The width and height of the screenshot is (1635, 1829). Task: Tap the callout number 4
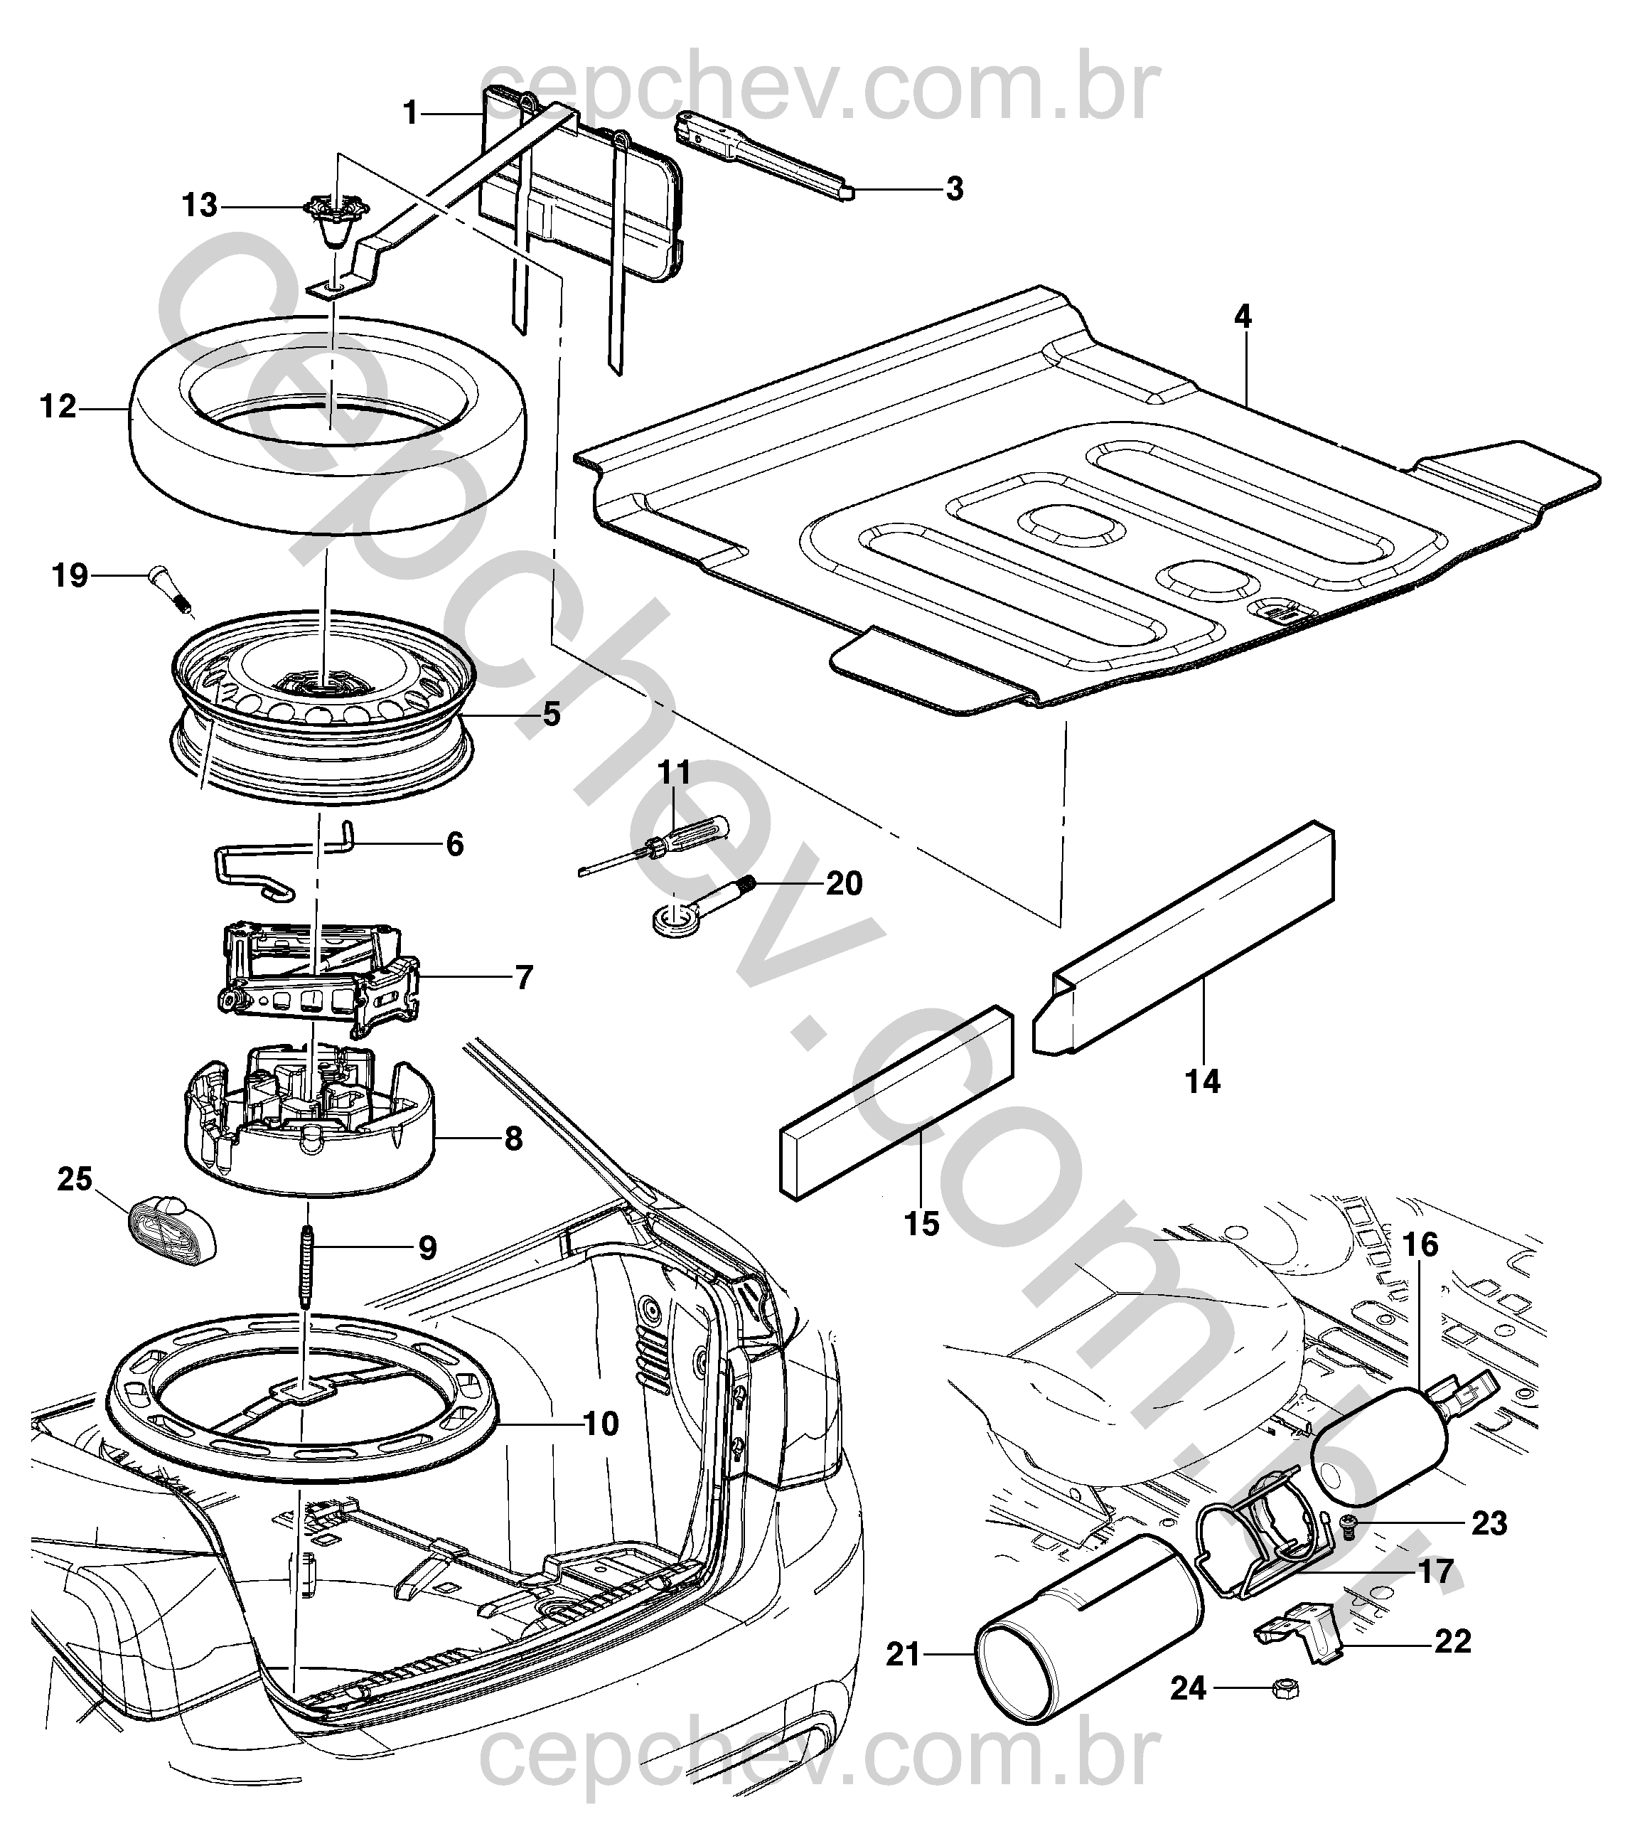click(x=1243, y=317)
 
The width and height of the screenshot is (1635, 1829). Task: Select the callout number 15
click(x=922, y=1224)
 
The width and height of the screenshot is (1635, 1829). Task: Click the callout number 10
click(x=601, y=1424)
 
